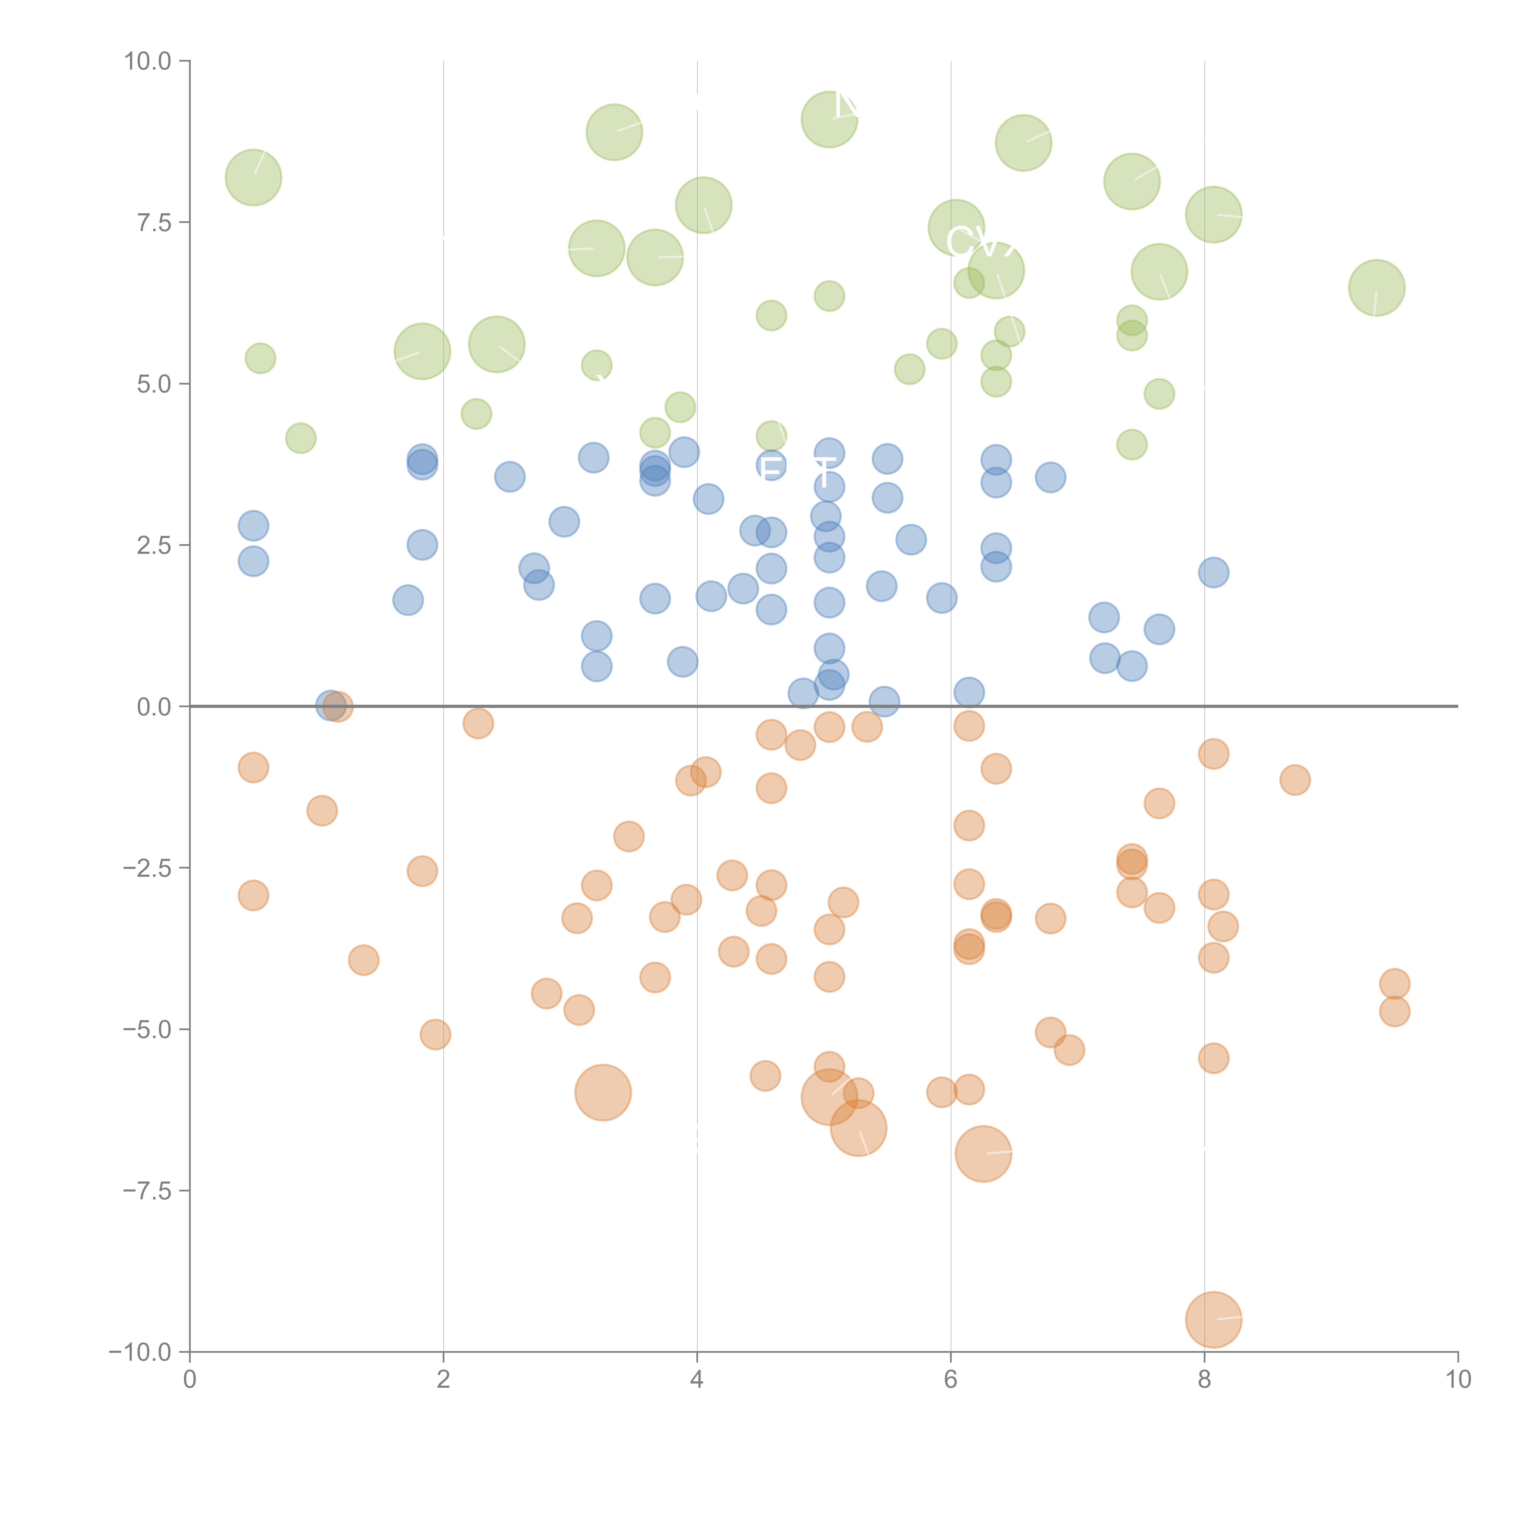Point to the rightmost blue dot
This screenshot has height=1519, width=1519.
tap(1213, 572)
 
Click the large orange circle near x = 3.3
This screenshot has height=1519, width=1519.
tap(603, 1092)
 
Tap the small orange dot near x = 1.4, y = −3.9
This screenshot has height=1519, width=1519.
tap(363, 960)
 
